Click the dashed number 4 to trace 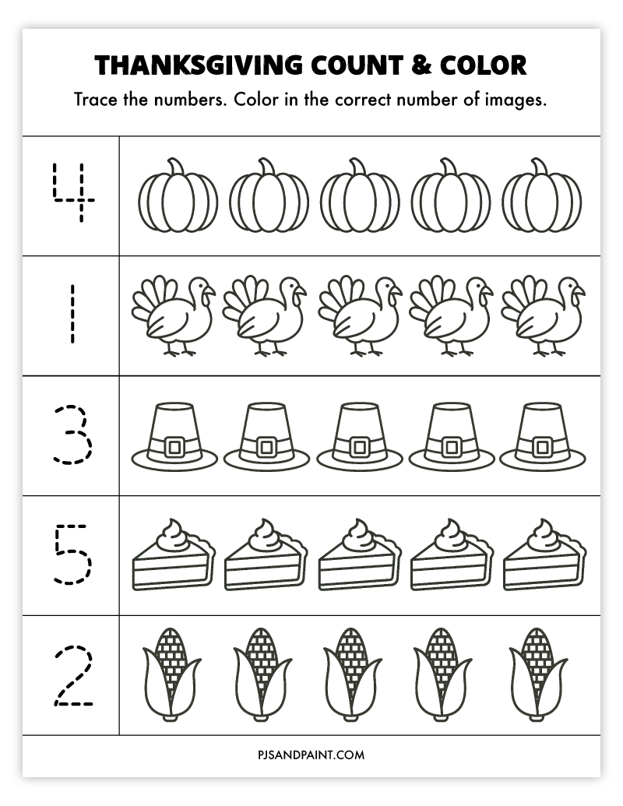(x=72, y=193)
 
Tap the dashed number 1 (x=72, y=314)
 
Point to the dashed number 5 (x=72, y=554)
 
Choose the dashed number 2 (x=72, y=675)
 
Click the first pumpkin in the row (x=178, y=198)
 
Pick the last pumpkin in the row (x=541, y=198)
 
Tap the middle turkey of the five (x=360, y=315)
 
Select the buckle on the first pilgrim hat (x=174, y=447)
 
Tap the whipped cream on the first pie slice (x=174, y=535)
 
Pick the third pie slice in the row (x=359, y=555)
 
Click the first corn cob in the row (x=172, y=673)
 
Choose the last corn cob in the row (x=538, y=673)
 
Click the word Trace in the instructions (x=95, y=100)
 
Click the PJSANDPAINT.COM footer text (x=311, y=755)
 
